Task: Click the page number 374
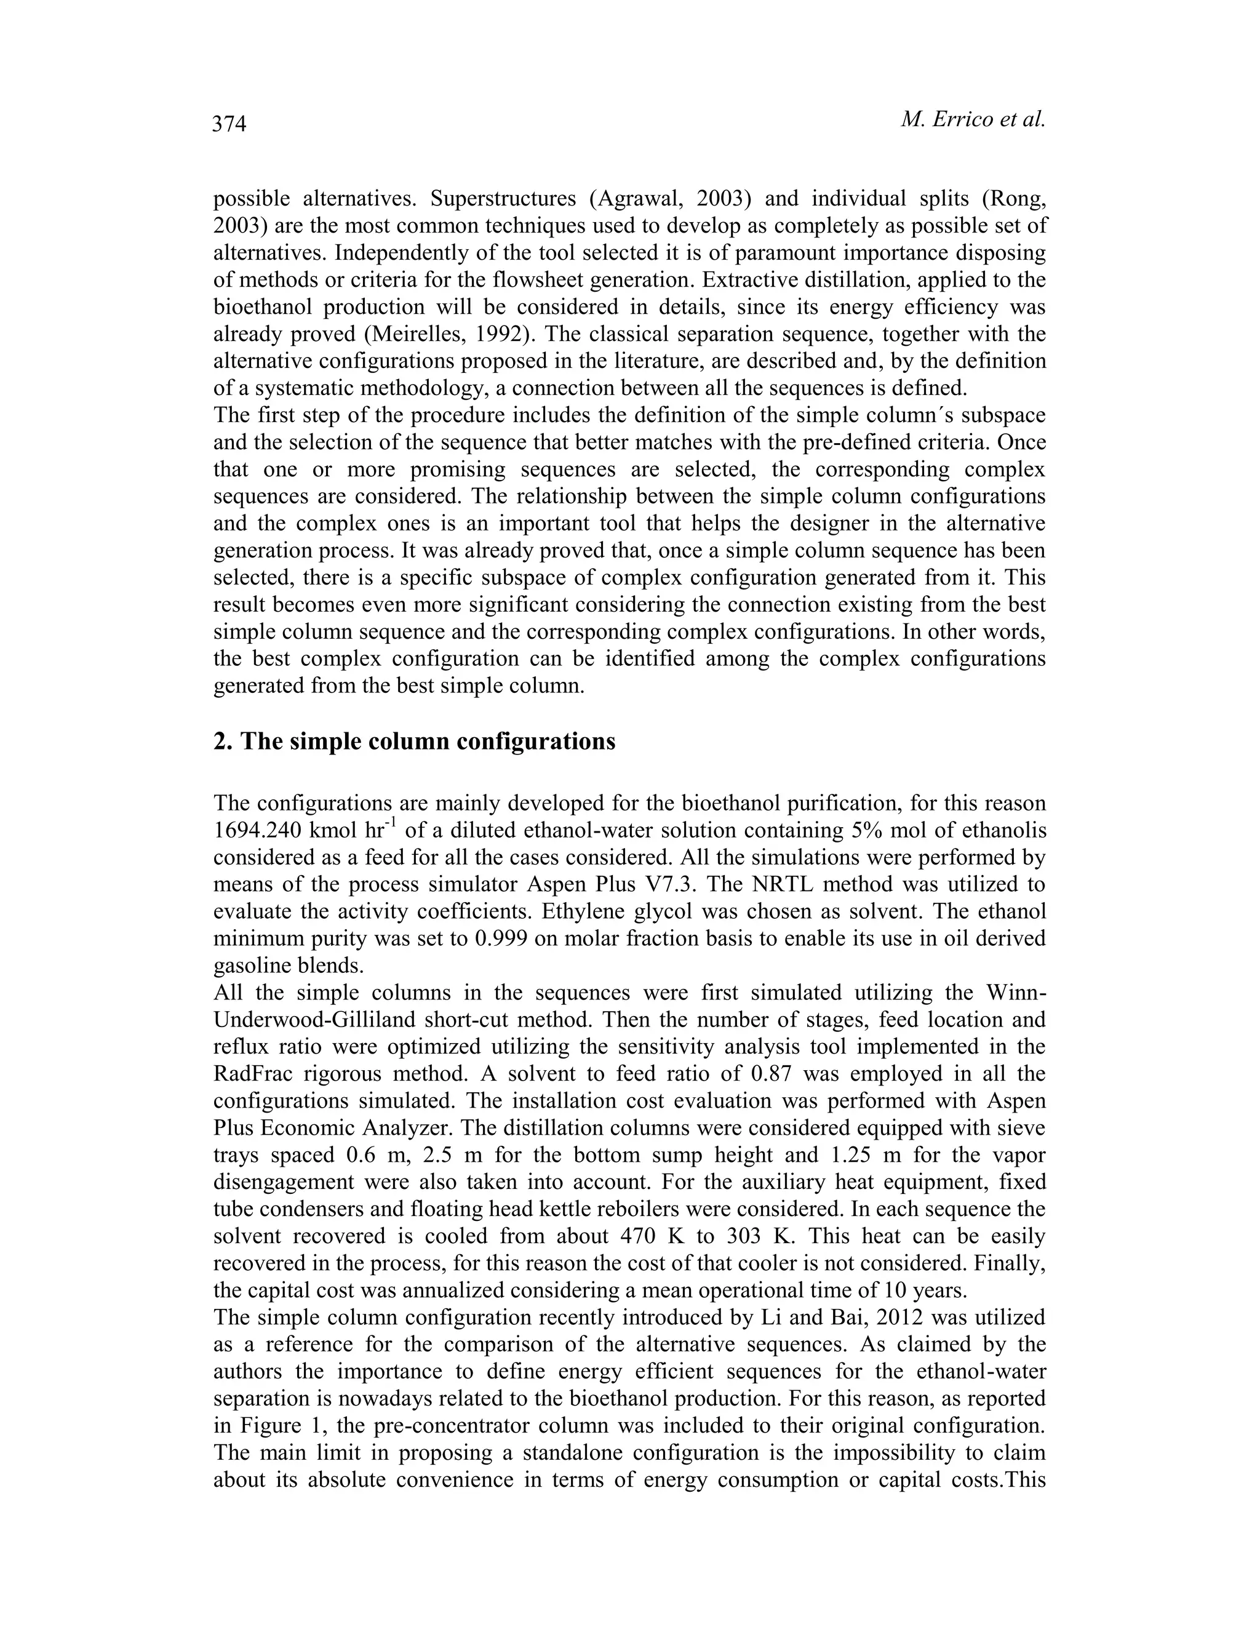coord(229,123)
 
